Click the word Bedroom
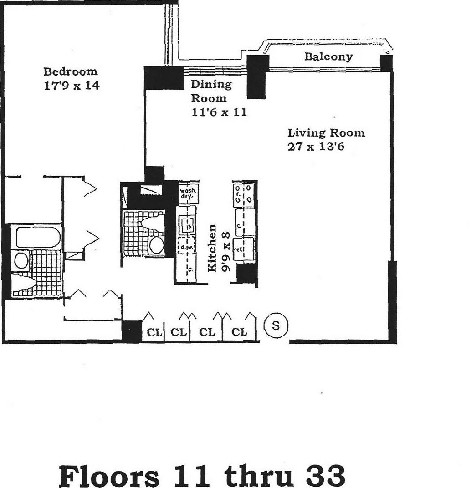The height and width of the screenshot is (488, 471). tap(70, 71)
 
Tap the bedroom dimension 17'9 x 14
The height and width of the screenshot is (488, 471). tap(71, 85)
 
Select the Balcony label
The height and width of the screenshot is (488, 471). tap(328, 57)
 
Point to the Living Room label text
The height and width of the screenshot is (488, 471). tap(326, 133)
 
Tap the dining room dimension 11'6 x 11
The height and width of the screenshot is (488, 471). tap(219, 112)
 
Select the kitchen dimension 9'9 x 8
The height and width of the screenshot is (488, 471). tap(224, 249)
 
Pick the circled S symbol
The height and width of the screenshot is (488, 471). tap(276, 326)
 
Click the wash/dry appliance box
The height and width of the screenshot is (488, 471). tap(187, 195)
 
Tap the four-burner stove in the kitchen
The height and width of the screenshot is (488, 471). tap(244, 193)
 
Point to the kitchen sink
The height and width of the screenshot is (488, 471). tap(186, 224)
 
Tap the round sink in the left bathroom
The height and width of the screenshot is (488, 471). tap(21, 261)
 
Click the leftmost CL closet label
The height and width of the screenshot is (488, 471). tap(154, 333)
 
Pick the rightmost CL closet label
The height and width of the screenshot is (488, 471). tap(239, 333)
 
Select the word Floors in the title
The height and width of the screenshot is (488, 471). tap(109, 476)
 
